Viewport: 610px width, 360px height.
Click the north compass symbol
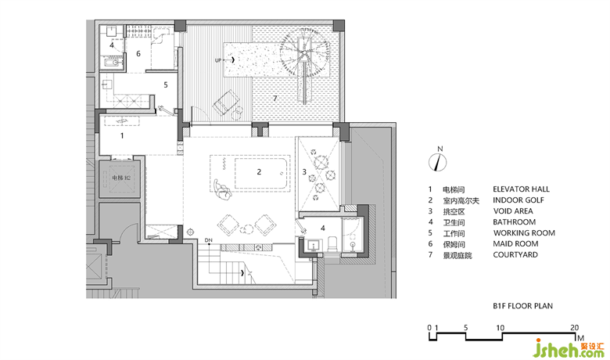(x=438, y=162)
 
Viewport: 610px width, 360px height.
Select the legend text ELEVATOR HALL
(x=521, y=189)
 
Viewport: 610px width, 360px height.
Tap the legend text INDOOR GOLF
(x=518, y=200)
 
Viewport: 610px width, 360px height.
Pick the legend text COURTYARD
(x=515, y=254)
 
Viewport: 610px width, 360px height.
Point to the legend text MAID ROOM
(x=515, y=243)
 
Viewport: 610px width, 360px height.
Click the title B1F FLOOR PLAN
(x=522, y=306)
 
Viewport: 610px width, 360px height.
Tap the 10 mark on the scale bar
(x=500, y=328)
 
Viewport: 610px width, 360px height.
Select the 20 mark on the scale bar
(x=574, y=328)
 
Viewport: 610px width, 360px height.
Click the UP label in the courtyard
(x=218, y=60)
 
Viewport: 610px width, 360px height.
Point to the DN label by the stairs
(x=209, y=240)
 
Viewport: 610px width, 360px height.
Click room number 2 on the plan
(x=259, y=171)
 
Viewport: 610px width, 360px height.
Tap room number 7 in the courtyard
(x=274, y=98)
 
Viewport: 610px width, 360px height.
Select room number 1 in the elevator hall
(x=122, y=135)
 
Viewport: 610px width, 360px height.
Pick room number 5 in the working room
(x=165, y=85)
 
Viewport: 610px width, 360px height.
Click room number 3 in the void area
(x=304, y=171)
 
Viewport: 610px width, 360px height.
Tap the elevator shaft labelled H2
(x=120, y=178)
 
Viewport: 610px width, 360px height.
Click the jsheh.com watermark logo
(x=569, y=347)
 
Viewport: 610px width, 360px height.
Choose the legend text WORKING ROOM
(x=524, y=232)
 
